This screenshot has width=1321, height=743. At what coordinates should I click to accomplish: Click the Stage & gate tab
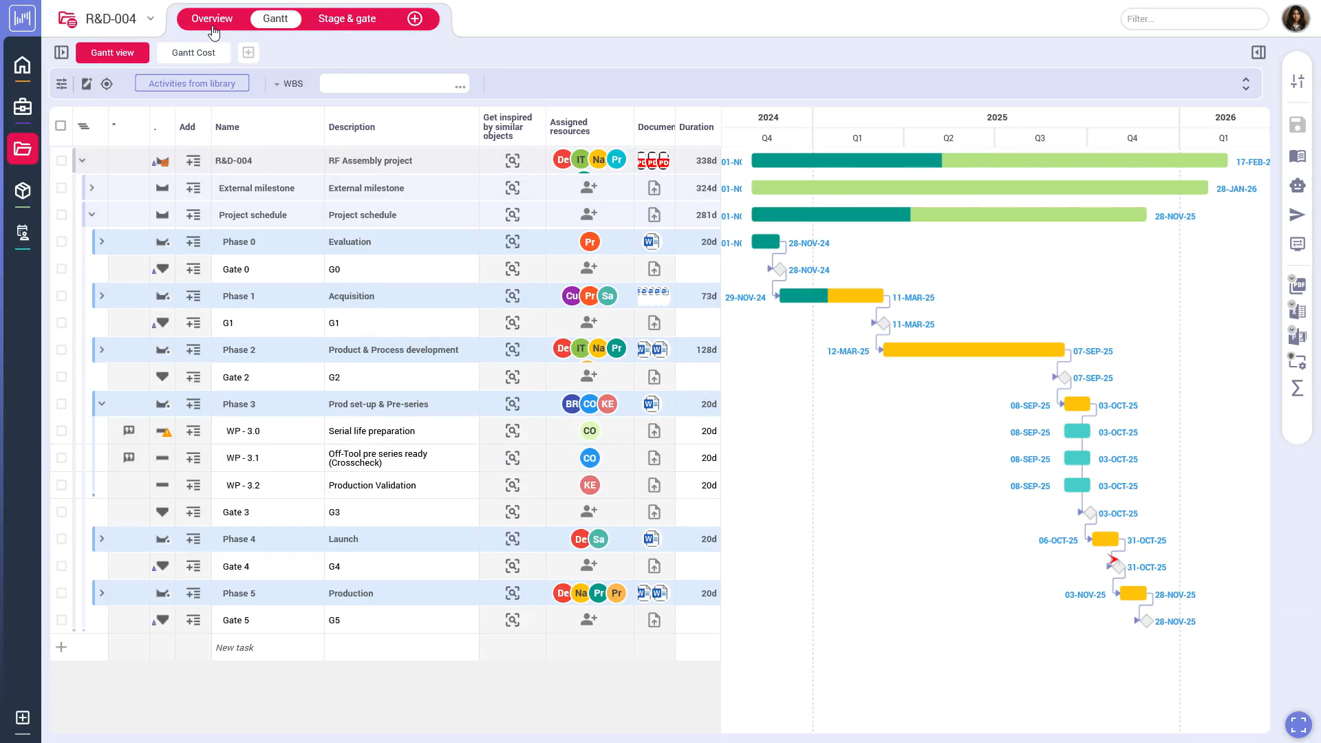[347, 19]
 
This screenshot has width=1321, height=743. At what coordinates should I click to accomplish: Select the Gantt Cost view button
[193, 52]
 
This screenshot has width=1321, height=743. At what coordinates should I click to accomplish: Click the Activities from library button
[192, 83]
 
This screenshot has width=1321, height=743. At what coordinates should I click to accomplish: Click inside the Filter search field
[1194, 19]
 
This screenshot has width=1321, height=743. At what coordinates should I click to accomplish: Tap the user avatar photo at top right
[1295, 19]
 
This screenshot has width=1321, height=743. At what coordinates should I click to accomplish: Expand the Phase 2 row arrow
[102, 350]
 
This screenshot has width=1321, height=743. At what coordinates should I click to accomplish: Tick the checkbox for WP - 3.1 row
[61, 458]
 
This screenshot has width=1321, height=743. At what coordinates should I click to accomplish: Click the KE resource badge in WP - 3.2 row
[590, 485]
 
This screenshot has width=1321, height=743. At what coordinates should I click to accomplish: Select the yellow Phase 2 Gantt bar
[973, 350]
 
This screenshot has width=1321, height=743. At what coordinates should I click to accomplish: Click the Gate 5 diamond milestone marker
[1146, 621]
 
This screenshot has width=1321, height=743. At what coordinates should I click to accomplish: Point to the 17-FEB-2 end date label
[1252, 162]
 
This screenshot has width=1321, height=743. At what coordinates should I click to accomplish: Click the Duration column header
[696, 127]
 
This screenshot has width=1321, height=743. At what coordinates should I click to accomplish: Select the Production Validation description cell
[372, 485]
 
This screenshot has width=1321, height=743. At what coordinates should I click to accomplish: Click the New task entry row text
[235, 647]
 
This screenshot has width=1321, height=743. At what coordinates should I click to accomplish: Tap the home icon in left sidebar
[23, 65]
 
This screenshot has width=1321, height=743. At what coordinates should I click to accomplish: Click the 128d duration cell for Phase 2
[706, 350]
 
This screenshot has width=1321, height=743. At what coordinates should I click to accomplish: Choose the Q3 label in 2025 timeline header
[1040, 138]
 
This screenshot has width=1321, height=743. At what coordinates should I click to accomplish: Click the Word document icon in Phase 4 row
[651, 539]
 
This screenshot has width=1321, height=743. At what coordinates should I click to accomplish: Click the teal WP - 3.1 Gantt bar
[1077, 458]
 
